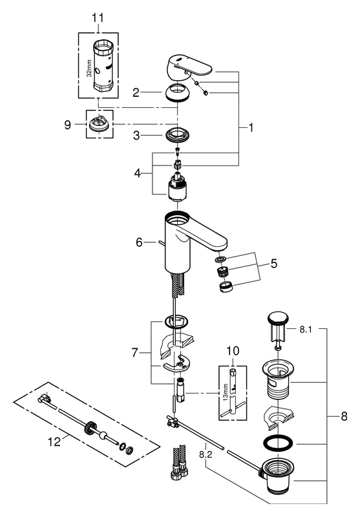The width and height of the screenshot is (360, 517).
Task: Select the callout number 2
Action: coord(136,93)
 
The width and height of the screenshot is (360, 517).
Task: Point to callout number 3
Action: coord(136,135)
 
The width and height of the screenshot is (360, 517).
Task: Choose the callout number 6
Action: coord(138,242)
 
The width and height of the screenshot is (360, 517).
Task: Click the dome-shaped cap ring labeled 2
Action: coord(177,93)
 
